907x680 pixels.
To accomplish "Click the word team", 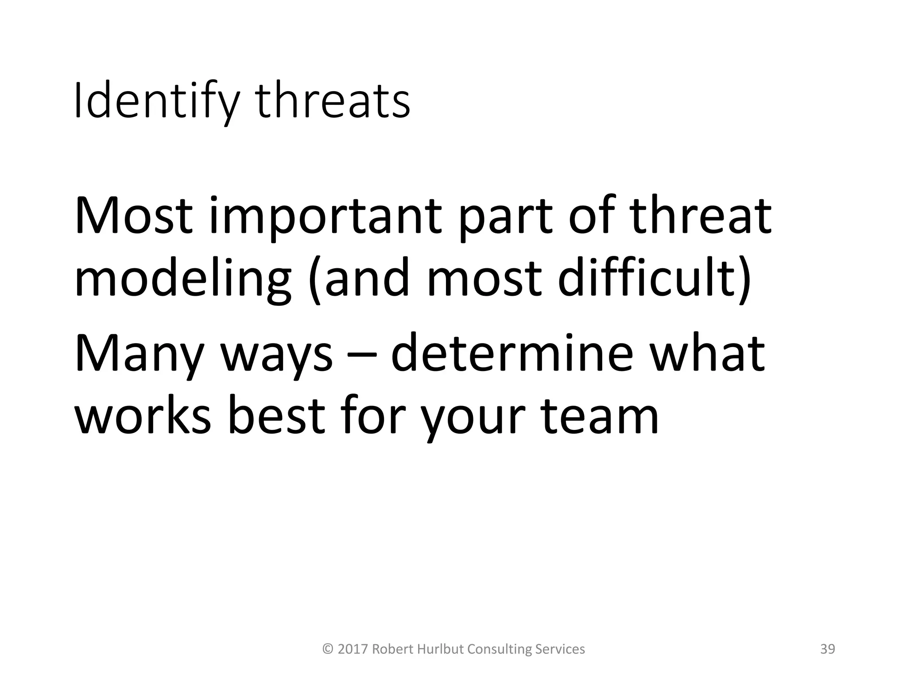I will click(601, 416).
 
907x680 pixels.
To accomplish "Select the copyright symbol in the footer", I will click(328, 649).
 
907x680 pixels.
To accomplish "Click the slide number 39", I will click(828, 649).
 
